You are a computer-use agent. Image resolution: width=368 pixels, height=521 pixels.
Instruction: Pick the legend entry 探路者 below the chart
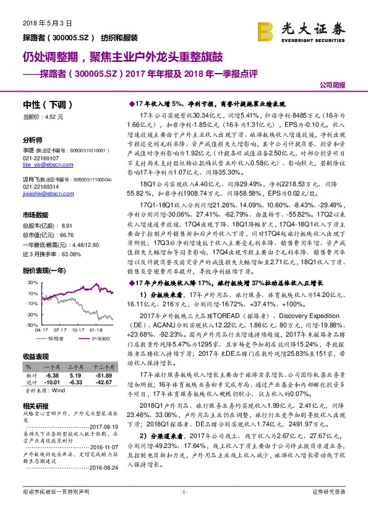(x=56, y=339)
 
